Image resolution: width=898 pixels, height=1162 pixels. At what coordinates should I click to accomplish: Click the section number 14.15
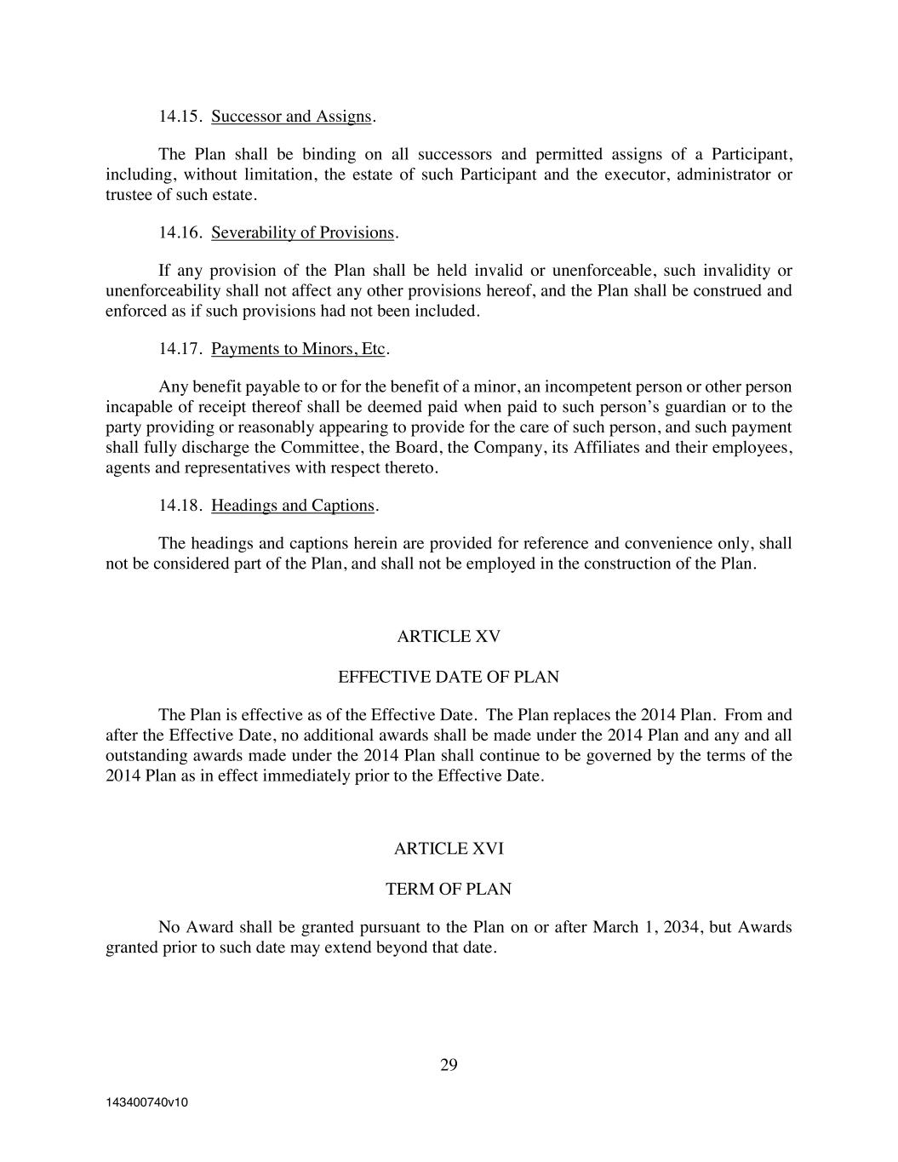pyautogui.click(x=180, y=117)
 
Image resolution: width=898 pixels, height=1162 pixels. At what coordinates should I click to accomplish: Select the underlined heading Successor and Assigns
pyautogui.click(x=291, y=117)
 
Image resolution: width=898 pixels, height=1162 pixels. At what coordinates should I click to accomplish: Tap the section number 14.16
pyautogui.click(x=180, y=232)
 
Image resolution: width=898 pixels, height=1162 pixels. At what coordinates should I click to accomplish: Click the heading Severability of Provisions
pyautogui.click(x=302, y=232)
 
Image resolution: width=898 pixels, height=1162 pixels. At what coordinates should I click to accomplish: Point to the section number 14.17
pyautogui.click(x=180, y=349)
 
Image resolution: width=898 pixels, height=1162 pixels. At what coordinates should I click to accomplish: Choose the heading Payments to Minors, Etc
pyautogui.click(x=298, y=349)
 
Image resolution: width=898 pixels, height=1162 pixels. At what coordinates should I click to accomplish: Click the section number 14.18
pyautogui.click(x=180, y=506)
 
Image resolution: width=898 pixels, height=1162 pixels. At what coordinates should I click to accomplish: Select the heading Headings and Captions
pyautogui.click(x=293, y=506)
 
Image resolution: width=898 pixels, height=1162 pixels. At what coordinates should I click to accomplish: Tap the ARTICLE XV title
pyautogui.click(x=449, y=637)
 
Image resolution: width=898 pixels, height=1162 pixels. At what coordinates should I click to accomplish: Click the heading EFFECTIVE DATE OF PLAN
pyautogui.click(x=449, y=678)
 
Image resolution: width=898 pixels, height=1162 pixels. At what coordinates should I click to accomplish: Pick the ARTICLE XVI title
pyautogui.click(x=449, y=849)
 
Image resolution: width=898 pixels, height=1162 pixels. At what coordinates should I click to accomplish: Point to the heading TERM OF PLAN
pyautogui.click(x=449, y=890)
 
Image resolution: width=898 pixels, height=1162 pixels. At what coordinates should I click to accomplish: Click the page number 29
pyautogui.click(x=449, y=1065)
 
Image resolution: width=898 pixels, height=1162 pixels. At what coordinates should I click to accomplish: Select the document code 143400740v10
pyautogui.click(x=146, y=1102)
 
